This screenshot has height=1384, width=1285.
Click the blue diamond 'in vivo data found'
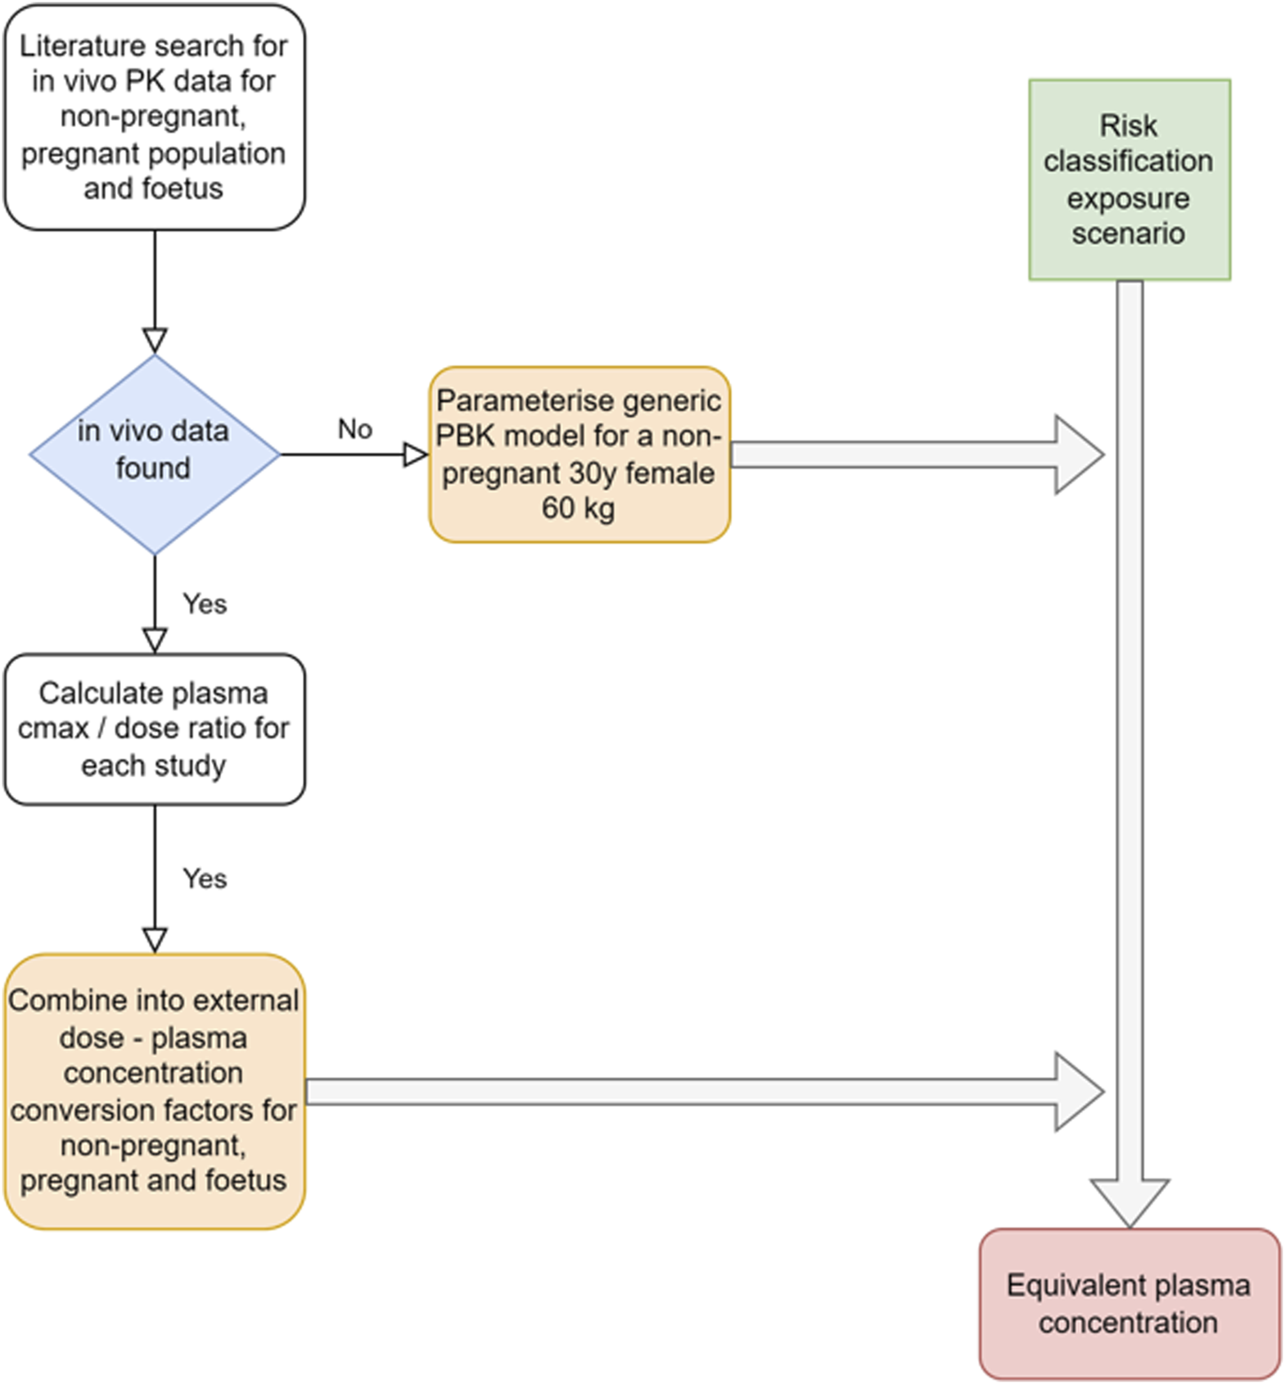point(154,454)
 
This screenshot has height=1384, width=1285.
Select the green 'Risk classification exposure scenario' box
point(1129,179)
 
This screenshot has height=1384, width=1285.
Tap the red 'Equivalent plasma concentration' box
point(1129,1303)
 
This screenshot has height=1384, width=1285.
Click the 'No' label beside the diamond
point(354,429)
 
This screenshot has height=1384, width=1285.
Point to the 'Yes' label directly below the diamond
point(205,604)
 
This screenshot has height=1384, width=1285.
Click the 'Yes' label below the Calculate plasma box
point(205,879)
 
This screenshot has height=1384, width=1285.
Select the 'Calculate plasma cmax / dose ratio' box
point(154,729)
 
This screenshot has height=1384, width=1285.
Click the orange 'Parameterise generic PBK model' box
point(579,454)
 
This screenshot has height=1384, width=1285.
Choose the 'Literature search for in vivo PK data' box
point(154,116)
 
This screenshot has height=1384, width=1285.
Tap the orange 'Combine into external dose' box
point(154,1090)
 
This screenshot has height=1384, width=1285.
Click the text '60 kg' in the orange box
point(578,509)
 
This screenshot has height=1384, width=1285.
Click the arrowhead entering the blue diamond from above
point(155,341)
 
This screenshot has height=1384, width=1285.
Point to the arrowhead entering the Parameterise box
point(416,455)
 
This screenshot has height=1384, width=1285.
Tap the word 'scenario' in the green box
point(1128,234)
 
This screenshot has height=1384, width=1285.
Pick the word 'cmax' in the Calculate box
point(53,729)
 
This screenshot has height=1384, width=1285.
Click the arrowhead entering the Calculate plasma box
point(155,640)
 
